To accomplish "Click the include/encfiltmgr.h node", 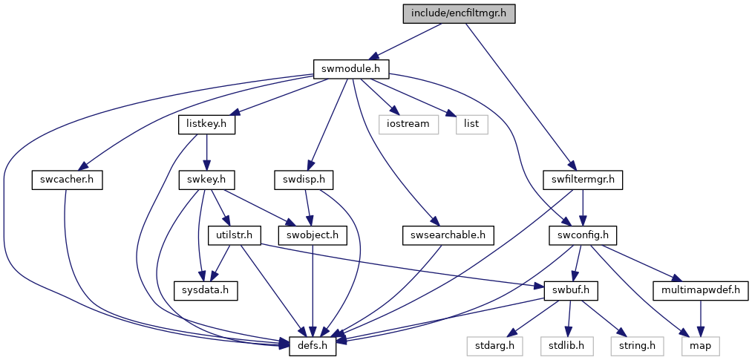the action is click(x=459, y=13).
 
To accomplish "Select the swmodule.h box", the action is click(x=351, y=69).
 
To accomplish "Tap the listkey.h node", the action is click(x=206, y=125).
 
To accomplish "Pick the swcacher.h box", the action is click(x=67, y=180).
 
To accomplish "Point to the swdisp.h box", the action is click(x=304, y=180).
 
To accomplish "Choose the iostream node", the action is click(x=409, y=125).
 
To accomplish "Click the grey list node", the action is click(x=471, y=125).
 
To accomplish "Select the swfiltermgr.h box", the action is click(x=583, y=180).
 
